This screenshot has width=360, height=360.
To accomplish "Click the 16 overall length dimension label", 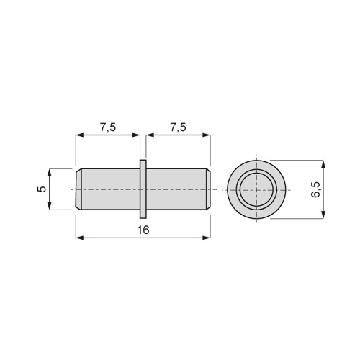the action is pyautogui.click(x=143, y=230).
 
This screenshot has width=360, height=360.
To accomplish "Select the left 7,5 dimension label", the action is pyautogui.click(x=108, y=127).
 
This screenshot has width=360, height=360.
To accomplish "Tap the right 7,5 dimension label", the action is pyautogui.click(x=178, y=127).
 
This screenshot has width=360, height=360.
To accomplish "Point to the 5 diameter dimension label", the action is pyautogui.click(x=42, y=189).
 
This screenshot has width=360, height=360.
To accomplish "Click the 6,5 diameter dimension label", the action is pyautogui.click(x=315, y=189).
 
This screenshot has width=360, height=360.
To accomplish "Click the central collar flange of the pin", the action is pyautogui.click(x=143, y=189).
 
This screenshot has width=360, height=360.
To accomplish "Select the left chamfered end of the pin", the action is pyautogui.click(x=78, y=189).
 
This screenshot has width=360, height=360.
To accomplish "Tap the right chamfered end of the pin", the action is pyautogui.click(x=208, y=189).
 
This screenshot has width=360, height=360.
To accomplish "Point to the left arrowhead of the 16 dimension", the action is pyautogui.click(x=80, y=238).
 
